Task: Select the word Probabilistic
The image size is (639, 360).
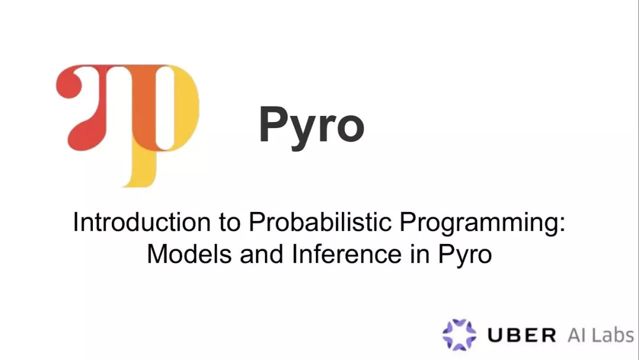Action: (320, 222)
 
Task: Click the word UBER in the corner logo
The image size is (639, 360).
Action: (522, 335)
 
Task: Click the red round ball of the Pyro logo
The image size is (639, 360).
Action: (69, 83)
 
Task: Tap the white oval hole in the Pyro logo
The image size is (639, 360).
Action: (165, 107)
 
